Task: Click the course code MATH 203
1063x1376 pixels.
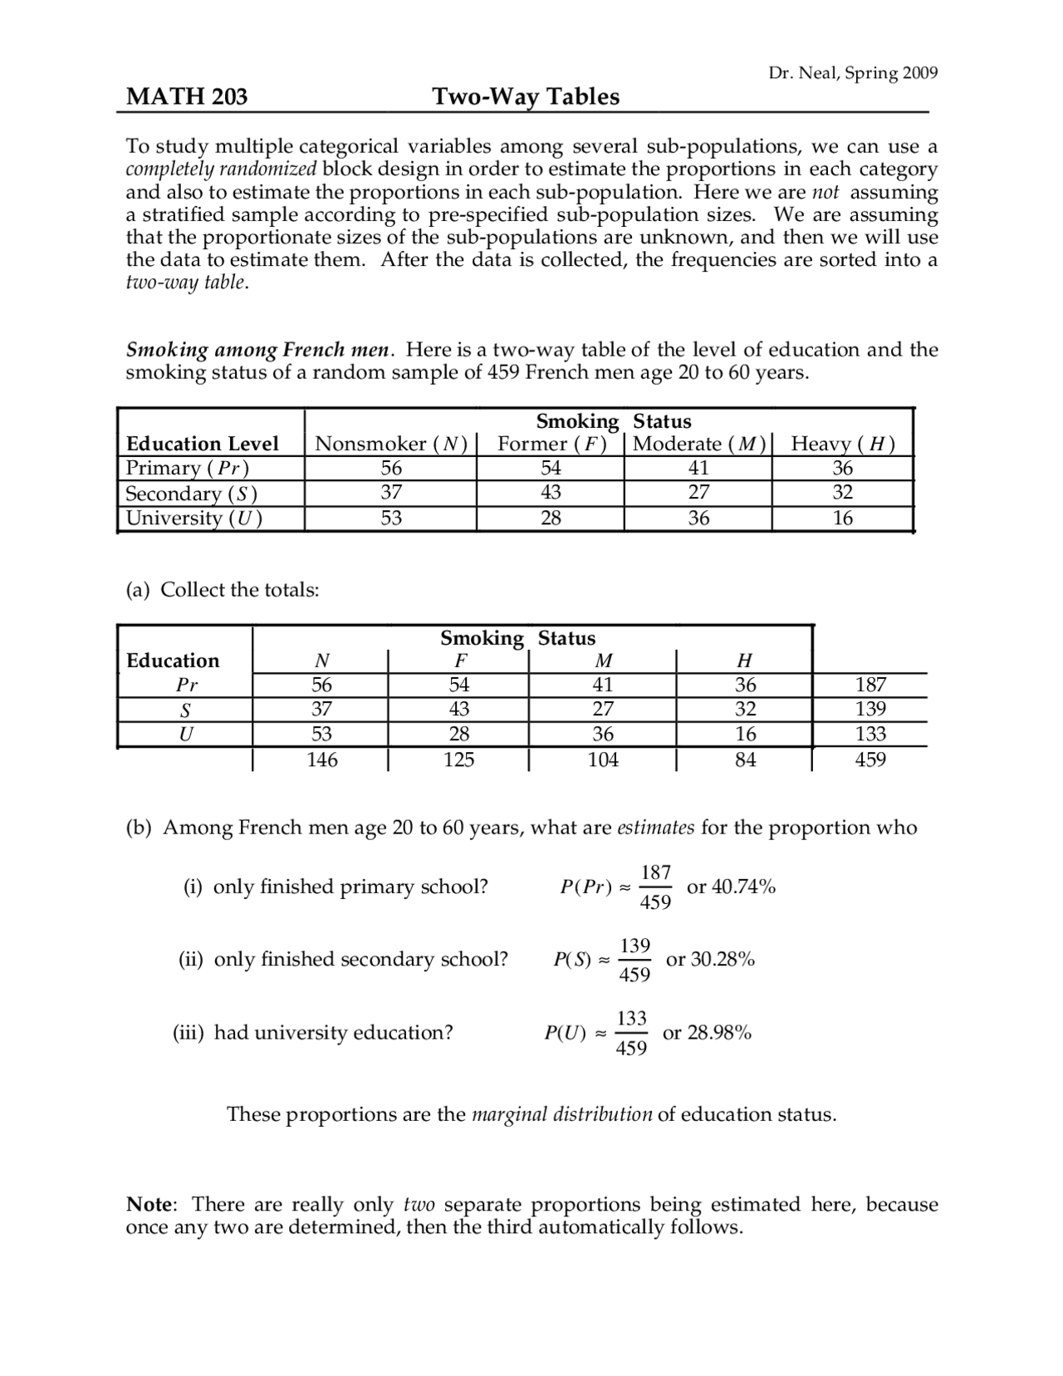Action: (x=186, y=97)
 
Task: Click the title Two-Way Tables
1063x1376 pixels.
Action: (x=526, y=97)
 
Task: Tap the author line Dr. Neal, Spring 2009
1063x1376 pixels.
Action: (x=853, y=73)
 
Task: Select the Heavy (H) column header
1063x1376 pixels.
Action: (x=842, y=444)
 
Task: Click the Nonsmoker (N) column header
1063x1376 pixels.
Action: (x=390, y=444)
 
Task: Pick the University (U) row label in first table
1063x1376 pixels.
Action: (x=193, y=518)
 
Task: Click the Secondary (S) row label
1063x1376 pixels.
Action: (x=191, y=494)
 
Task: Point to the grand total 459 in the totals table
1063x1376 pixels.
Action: (x=870, y=759)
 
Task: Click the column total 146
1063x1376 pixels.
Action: (x=321, y=759)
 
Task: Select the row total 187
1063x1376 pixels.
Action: (x=870, y=685)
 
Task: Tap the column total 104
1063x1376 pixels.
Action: (x=603, y=759)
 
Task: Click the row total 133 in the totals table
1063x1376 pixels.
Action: (x=870, y=735)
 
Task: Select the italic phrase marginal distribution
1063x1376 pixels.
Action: (x=561, y=1114)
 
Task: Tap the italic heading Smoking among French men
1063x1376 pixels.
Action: (x=257, y=350)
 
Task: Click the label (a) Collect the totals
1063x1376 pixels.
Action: (x=223, y=590)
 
